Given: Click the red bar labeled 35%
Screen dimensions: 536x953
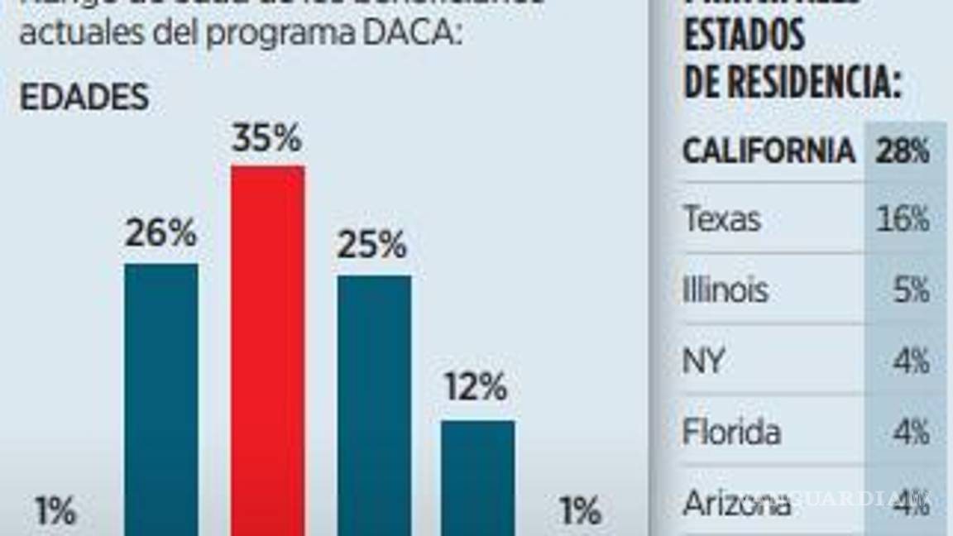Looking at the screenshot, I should pos(267,347).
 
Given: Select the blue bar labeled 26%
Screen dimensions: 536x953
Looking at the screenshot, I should pos(161,397).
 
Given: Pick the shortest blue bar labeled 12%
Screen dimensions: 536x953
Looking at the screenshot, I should pos(477,476).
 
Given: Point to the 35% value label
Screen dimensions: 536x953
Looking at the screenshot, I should pos(266,139).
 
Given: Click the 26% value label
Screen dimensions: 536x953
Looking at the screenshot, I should pos(161,234).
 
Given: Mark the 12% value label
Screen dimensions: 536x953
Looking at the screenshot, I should pos(476,387).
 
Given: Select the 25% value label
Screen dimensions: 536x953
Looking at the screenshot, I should pos(372,245).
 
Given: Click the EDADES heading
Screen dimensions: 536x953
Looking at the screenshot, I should pos(84,98).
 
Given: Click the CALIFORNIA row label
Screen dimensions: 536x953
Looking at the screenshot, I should pos(769,151).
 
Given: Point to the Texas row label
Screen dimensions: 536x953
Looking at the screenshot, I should pos(722,220).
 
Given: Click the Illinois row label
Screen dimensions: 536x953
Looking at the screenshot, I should pos(726,290).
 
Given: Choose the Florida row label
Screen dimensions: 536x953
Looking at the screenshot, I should pos(731,432).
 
